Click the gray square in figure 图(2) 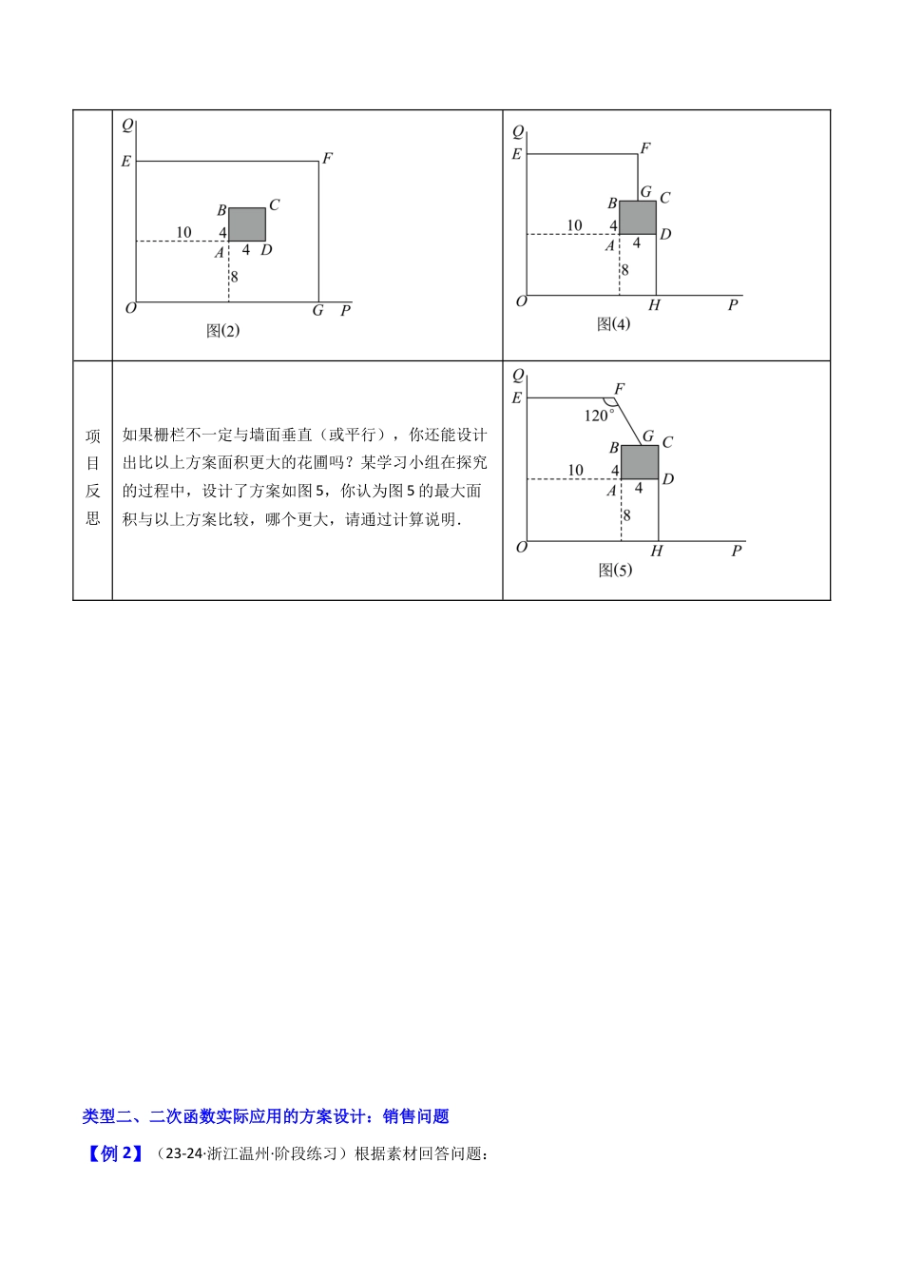click(x=247, y=224)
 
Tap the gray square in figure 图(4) click(x=638, y=218)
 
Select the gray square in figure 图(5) click(x=640, y=462)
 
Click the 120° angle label click(x=599, y=416)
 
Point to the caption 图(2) click(x=223, y=331)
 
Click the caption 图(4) click(x=613, y=324)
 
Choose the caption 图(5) click(x=615, y=571)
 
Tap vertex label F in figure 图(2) click(x=327, y=159)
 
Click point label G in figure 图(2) click(x=318, y=311)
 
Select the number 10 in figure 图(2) click(x=183, y=232)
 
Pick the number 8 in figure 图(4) click(x=624, y=270)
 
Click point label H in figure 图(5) click(x=656, y=552)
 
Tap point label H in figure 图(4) click(x=654, y=305)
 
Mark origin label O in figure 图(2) click(x=131, y=308)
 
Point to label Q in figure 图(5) click(x=518, y=376)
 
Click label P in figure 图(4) click(x=733, y=305)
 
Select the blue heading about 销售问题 click(x=266, y=1116)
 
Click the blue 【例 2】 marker click(x=113, y=1154)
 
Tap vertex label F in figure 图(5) click(x=620, y=389)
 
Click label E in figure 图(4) click(x=517, y=154)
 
